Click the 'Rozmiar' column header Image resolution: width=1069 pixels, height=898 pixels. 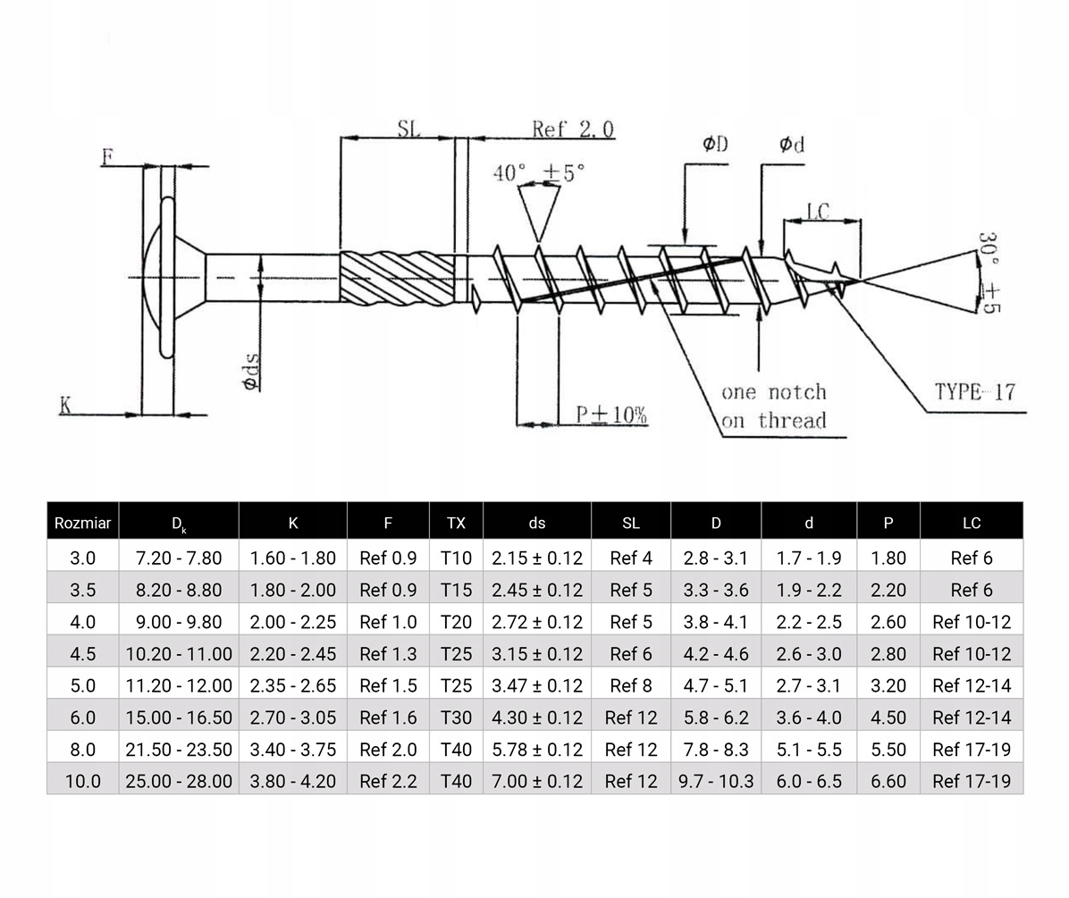click(82, 523)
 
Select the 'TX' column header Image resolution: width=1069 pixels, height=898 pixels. click(456, 523)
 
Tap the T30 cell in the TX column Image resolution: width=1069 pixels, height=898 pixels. click(456, 718)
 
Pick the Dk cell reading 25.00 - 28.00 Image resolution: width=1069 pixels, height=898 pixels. click(179, 781)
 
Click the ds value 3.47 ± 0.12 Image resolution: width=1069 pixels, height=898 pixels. click(536, 685)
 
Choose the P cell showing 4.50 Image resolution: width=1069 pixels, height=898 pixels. click(888, 718)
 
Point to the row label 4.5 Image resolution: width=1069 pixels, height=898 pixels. click(82, 654)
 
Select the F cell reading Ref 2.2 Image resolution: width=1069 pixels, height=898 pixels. click(388, 781)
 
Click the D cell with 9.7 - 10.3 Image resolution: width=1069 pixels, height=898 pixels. click(716, 781)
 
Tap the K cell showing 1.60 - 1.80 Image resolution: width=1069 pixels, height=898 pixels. click(292, 558)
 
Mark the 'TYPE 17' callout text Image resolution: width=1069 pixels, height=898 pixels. click(975, 391)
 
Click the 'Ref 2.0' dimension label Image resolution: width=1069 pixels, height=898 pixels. click(573, 130)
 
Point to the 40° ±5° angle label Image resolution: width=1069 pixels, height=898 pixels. click(539, 172)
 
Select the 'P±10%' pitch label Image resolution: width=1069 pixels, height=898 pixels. click(611, 415)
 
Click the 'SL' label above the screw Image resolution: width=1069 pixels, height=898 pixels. click(408, 128)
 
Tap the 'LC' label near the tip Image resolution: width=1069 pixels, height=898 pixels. click(818, 212)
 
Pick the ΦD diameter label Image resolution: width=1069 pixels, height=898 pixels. click(715, 145)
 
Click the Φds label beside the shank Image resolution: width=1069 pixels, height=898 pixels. click(251, 370)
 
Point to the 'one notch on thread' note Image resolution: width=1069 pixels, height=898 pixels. click(774, 407)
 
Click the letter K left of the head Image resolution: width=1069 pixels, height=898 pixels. click(65, 405)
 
